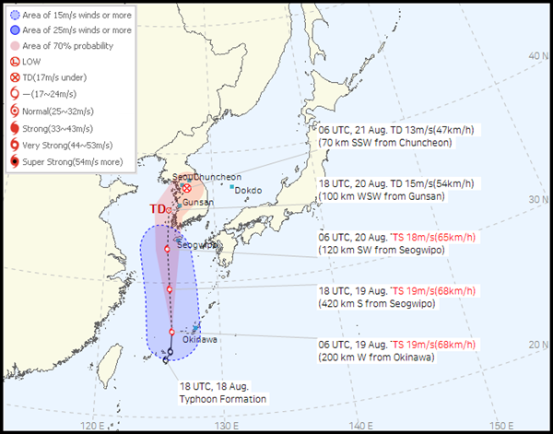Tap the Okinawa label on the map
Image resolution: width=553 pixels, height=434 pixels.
(x=200, y=340)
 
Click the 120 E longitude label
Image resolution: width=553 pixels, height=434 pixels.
(x=92, y=426)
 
